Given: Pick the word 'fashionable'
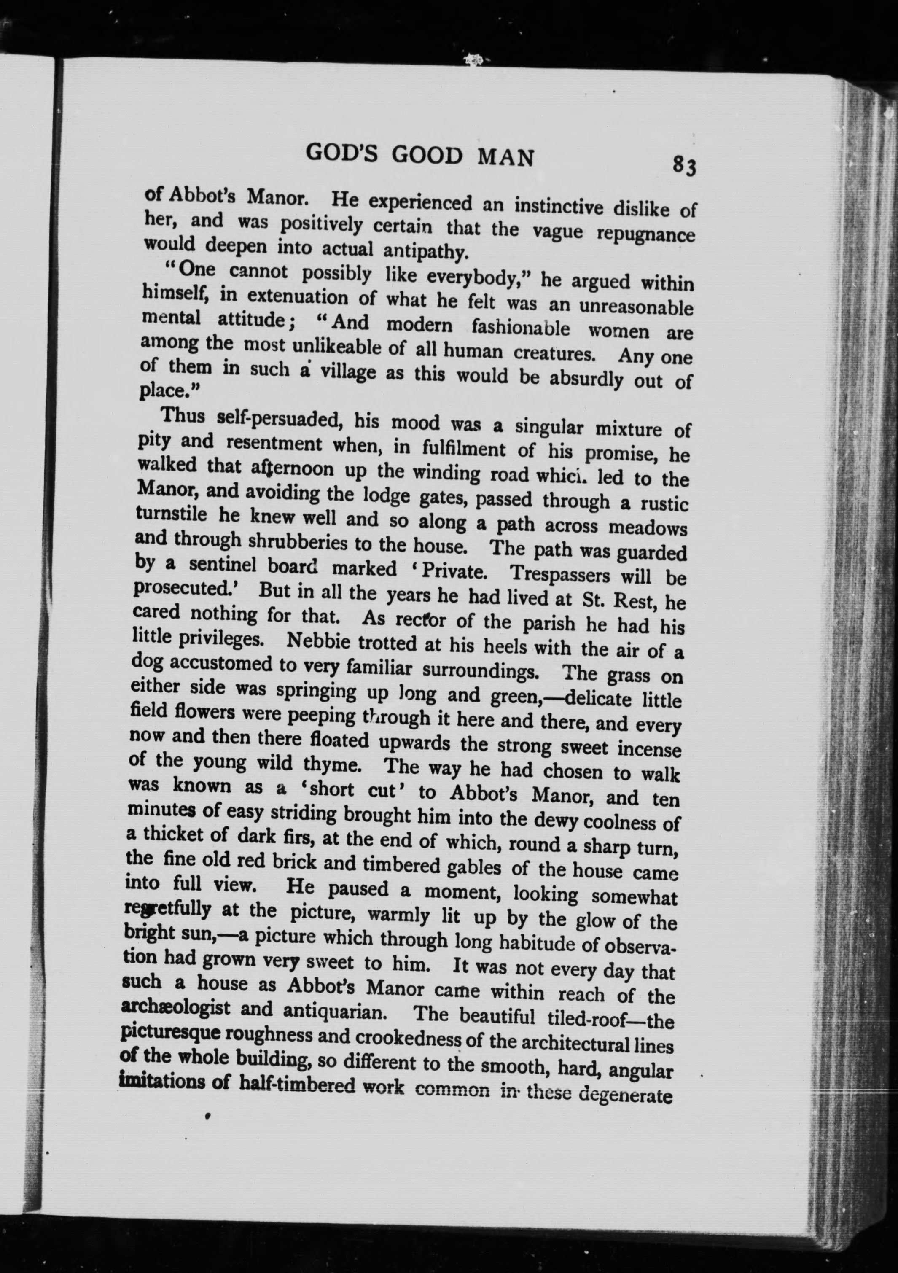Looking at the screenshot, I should tap(519, 329).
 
